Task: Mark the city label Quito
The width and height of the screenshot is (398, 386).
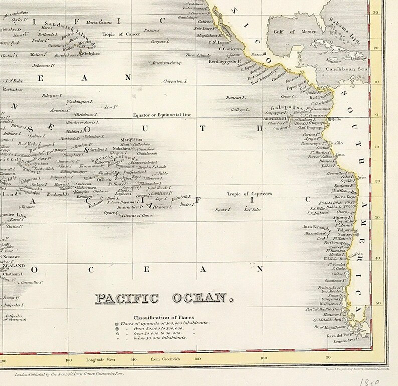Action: pos(335,119)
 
